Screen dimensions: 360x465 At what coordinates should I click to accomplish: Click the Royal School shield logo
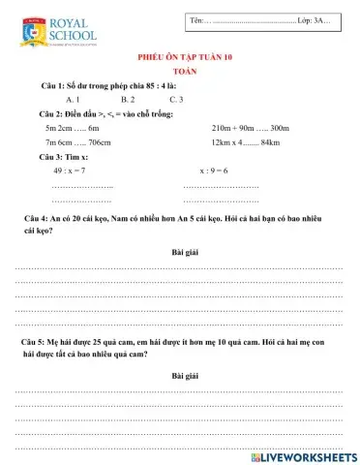[27, 30]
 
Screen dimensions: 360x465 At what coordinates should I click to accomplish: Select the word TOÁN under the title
[179, 73]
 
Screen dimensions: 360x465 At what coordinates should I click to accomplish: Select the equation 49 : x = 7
[70, 170]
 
